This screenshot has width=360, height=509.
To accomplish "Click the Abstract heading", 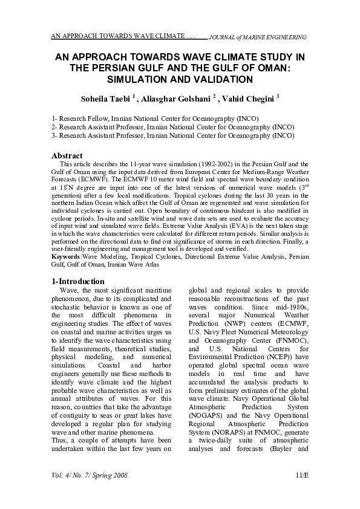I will pyautogui.click(x=67, y=156).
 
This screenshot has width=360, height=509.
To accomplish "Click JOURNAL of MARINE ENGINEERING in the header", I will pyautogui.click(x=257, y=37).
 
